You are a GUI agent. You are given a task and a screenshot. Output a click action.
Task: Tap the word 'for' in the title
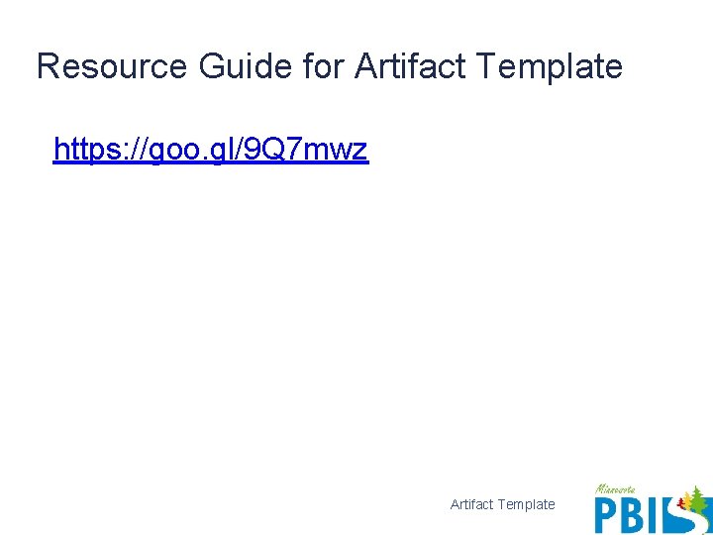pos(321,67)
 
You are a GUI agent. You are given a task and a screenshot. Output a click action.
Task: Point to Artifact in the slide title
pos(410,67)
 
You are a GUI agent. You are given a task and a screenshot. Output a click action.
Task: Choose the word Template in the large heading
pos(550,67)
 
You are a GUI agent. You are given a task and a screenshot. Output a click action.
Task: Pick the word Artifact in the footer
pos(472,504)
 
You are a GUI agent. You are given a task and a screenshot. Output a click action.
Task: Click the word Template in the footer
pos(527,504)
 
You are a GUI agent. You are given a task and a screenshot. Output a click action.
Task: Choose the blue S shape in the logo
pos(683,519)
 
